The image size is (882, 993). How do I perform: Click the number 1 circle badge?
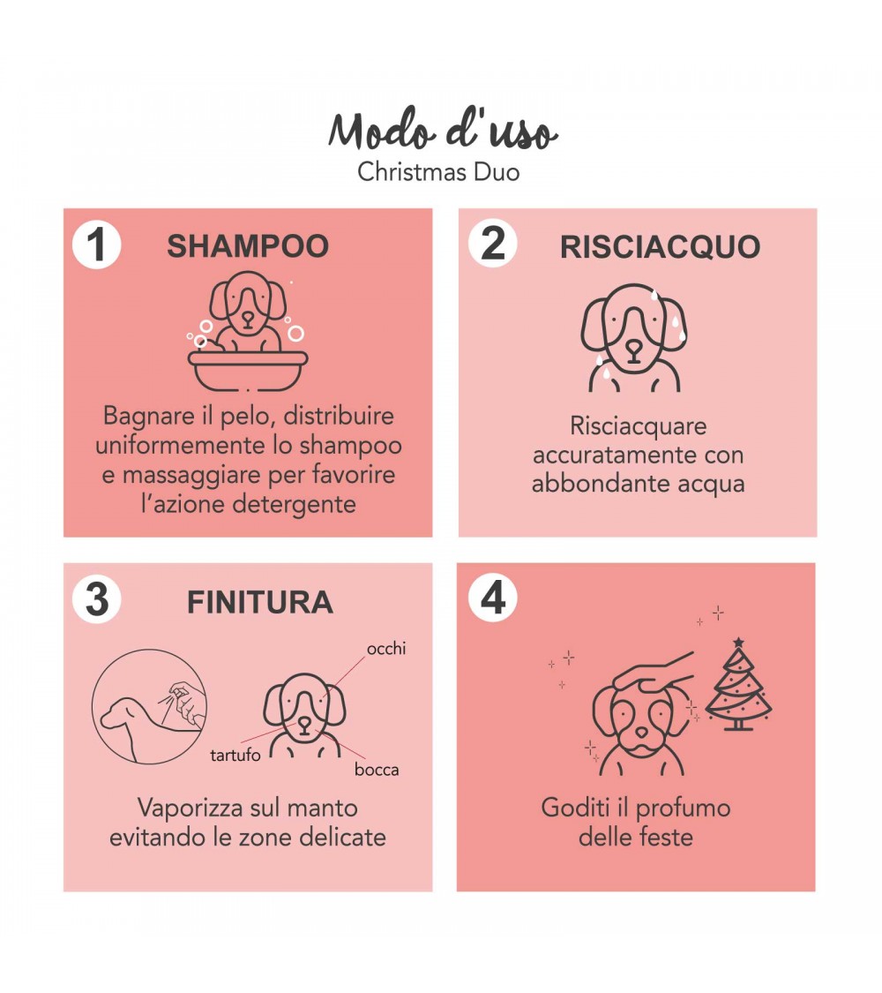click(x=96, y=244)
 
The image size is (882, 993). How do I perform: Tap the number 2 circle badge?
click(x=493, y=243)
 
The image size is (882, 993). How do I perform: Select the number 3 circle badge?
click(x=96, y=598)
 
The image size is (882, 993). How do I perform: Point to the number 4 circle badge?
click(x=493, y=597)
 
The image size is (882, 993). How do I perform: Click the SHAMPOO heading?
click(x=248, y=246)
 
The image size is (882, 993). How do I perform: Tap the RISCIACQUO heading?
click(x=660, y=247)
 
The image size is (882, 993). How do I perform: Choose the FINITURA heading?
click(x=260, y=602)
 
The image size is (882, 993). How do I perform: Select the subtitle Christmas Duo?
click(x=438, y=171)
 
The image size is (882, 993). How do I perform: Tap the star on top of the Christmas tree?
click(x=738, y=643)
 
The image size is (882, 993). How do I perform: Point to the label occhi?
click(x=386, y=649)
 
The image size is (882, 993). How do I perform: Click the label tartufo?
click(x=235, y=755)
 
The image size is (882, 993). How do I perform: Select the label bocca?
click(x=377, y=770)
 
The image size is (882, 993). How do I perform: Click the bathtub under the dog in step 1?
click(x=248, y=372)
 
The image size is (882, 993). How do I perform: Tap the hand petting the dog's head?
click(x=652, y=673)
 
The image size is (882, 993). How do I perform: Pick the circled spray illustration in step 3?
click(x=149, y=706)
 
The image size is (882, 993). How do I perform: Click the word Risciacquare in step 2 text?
click(x=638, y=426)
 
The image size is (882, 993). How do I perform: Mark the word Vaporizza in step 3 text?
click(x=190, y=809)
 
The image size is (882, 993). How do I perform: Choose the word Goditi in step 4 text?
click(x=576, y=808)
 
